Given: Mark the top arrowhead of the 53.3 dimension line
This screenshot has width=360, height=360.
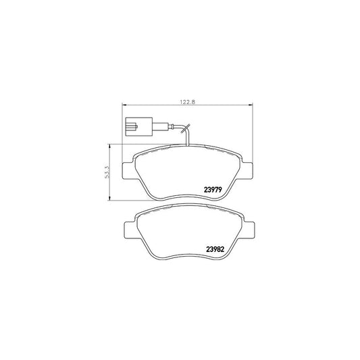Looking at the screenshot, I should pyautogui.click(x=110, y=145).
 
